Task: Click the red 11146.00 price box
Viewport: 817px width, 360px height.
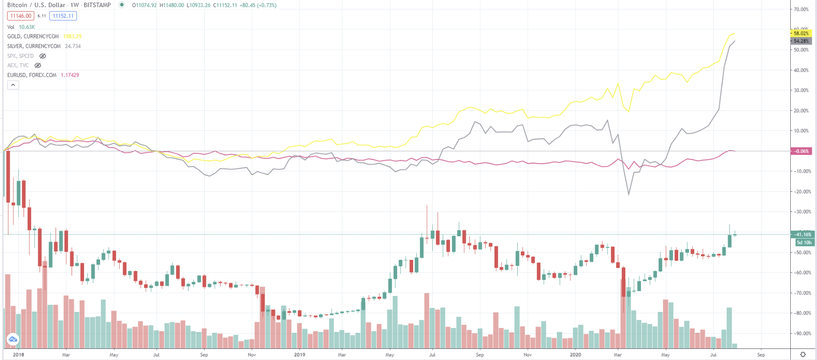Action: click(20, 16)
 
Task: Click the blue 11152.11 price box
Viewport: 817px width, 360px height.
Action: click(63, 16)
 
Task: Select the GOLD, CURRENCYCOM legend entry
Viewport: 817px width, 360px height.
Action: click(33, 36)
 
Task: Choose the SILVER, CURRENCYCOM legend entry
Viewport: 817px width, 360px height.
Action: click(34, 46)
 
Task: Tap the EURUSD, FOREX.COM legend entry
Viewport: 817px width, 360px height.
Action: click(32, 75)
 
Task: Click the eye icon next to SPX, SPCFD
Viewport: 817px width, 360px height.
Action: click(43, 56)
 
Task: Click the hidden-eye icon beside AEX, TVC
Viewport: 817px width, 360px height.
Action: click(38, 65)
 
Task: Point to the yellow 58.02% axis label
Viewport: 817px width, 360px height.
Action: click(801, 33)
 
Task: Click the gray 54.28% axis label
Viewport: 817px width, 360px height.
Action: click(801, 41)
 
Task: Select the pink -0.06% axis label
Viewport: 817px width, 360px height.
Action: click(801, 151)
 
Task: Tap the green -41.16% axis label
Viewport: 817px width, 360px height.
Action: click(802, 235)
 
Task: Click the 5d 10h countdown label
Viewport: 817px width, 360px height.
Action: click(804, 243)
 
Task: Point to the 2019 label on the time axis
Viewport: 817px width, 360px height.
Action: click(299, 355)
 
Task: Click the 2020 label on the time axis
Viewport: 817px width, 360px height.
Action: click(575, 355)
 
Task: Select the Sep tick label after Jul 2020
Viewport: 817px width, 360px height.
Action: click(761, 355)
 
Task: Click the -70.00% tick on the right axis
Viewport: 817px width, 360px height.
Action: click(801, 293)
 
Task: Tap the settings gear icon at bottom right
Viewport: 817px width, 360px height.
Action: click(803, 355)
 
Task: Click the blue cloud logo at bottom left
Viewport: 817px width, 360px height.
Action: click(13, 340)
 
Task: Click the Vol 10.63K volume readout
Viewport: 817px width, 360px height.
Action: click(21, 27)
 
